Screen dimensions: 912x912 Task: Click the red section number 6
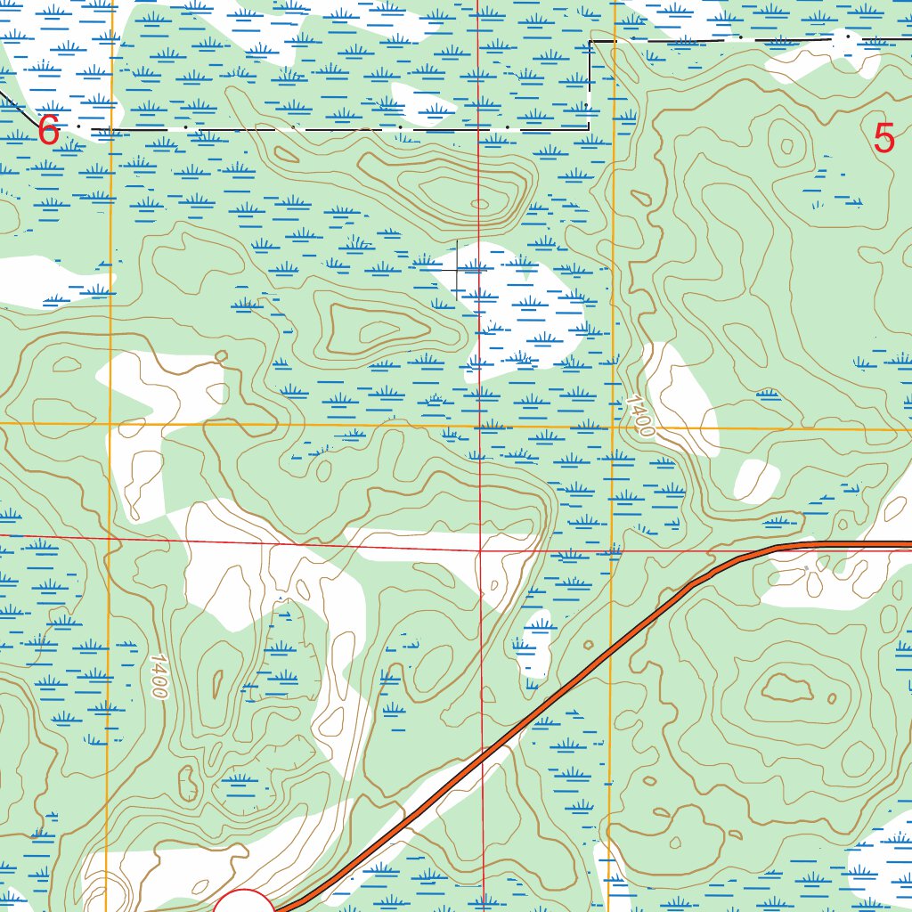(x=48, y=132)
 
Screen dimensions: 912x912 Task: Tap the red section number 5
(x=883, y=139)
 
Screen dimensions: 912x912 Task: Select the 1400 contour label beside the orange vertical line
(x=639, y=416)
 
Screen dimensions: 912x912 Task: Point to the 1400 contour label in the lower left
(x=159, y=676)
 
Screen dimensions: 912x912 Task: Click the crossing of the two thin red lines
(x=479, y=549)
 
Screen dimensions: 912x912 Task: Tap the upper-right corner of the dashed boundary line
(x=591, y=41)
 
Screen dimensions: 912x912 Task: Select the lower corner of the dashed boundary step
(x=588, y=128)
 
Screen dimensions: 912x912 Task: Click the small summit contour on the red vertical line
(x=480, y=204)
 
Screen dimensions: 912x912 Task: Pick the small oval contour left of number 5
(x=786, y=146)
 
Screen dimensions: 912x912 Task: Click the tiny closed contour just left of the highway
(x=587, y=645)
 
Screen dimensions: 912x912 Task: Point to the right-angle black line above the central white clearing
(x=457, y=266)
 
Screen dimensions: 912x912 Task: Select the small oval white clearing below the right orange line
(x=756, y=481)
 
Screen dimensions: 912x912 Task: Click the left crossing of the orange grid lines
(x=110, y=423)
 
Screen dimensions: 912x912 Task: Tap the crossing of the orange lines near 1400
(x=615, y=427)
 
